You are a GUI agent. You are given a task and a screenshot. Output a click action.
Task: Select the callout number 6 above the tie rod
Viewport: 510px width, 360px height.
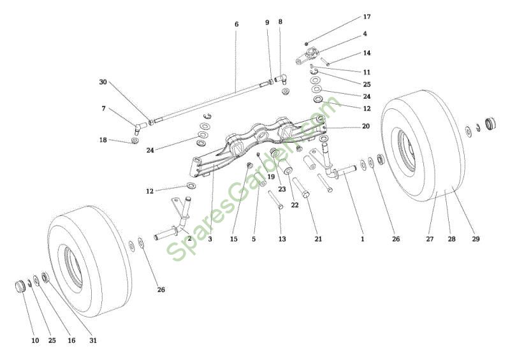(237, 24)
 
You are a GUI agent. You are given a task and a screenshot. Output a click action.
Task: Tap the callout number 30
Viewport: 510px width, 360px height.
(103, 82)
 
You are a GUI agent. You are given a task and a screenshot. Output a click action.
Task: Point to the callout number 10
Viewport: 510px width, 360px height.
(35, 341)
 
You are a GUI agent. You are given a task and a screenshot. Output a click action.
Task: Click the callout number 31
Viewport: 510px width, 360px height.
(93, 341)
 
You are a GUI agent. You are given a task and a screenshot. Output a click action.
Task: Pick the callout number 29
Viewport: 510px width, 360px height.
(476, 239)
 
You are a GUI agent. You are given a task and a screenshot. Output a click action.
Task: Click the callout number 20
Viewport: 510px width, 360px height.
(365, 126)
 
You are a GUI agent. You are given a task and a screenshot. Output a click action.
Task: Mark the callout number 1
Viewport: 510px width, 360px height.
(362, 239)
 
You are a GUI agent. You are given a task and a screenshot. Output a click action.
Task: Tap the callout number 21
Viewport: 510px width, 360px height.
(318, 239)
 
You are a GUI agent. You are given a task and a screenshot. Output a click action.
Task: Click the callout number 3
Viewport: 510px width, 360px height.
(210, 239)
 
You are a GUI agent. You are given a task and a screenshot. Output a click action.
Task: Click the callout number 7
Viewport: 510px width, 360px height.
(104, 108)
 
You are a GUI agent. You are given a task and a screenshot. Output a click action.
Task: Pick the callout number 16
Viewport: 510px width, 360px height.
(71, 341)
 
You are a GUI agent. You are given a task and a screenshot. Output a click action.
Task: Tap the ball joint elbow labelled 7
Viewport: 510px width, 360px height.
(140, 124)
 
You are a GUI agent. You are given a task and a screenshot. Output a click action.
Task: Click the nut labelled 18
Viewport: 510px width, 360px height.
(136, 140)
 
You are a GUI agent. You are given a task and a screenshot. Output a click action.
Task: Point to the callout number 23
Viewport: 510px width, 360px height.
(281, 189)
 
